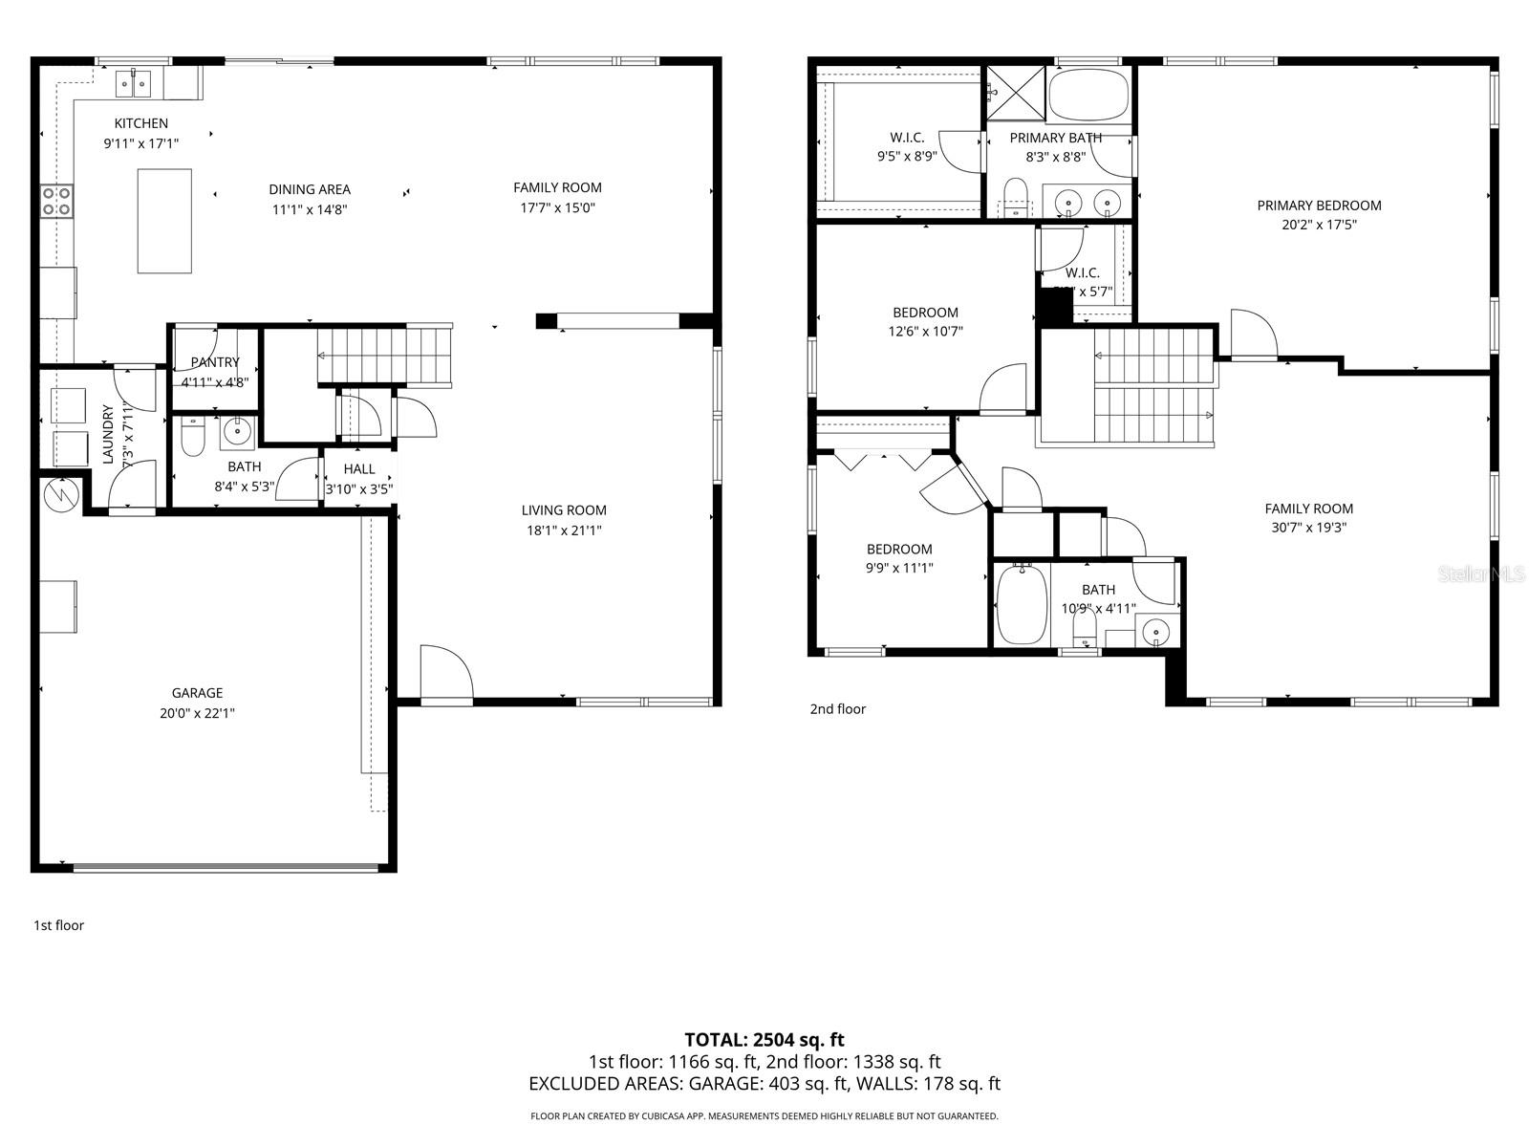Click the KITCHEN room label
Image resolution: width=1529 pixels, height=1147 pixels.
point(141,123)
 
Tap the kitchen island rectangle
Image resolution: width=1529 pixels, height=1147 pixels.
point(164,221)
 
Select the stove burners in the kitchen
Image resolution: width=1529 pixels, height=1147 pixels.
point(56,200)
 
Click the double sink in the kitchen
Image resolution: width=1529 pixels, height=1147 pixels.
point(135,84)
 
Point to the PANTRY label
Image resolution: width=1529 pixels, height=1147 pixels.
point(215,362)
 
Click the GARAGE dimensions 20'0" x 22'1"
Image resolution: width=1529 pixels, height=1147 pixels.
point(198,712)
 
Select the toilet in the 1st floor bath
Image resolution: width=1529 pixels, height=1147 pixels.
point(193,436)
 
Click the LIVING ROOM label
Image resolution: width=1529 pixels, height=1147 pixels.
point(564,510)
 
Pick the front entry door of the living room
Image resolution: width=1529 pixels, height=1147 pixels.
point(446,675)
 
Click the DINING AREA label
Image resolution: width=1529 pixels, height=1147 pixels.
point(310,189)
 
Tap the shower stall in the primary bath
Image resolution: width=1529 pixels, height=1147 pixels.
point(1016,92)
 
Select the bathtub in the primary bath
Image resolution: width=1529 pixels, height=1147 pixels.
point(1088,94)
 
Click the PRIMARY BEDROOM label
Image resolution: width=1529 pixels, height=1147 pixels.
point(1319,206)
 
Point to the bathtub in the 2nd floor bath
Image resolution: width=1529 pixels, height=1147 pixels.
point(1022,605)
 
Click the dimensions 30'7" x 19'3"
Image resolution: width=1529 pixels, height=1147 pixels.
point(1308,527)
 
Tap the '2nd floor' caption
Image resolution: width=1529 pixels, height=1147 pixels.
point(837,709)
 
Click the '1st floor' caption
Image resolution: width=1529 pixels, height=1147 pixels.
point(59,925)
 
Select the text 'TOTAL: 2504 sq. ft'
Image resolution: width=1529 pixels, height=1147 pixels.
point(764,1040)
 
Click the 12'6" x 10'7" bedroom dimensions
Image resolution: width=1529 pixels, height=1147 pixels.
point(925,332)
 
